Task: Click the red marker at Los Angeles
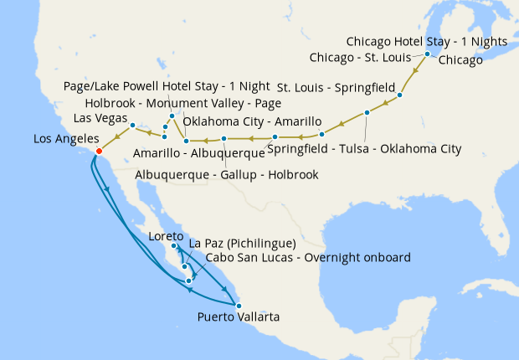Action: tap(99, 152)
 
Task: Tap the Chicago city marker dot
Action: tap(428, 54)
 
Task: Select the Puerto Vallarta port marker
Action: tap(238, 306)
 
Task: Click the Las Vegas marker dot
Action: tap(133, 125)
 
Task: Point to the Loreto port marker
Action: tap(174, 246)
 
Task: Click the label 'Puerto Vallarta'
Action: tap(239, 317)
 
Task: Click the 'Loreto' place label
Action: tap(165, 236)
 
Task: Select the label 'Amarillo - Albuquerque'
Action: tap(200, 153)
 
